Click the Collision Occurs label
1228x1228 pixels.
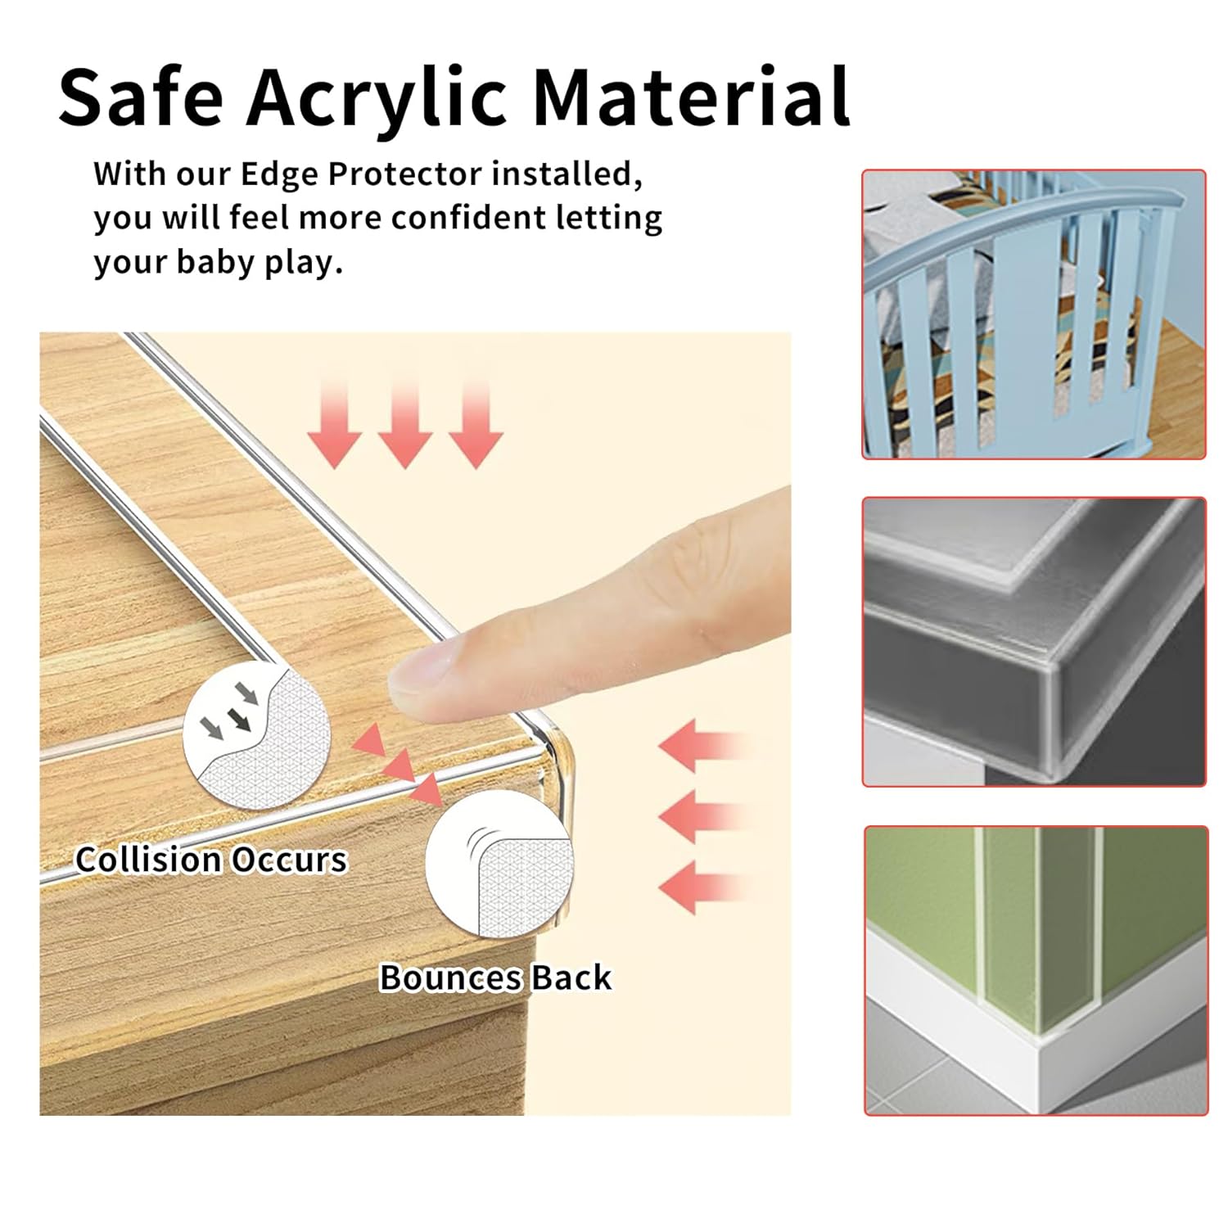[211, 860]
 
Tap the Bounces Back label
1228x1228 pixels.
[495, 977]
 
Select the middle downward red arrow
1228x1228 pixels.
[405, 426]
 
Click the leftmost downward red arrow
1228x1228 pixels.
[334, 426]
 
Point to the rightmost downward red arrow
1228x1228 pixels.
[476, 426]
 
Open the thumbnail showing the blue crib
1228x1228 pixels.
[1034, 314]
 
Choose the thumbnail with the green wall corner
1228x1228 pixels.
[1036, 970]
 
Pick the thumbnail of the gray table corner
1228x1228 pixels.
[1034, 642]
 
